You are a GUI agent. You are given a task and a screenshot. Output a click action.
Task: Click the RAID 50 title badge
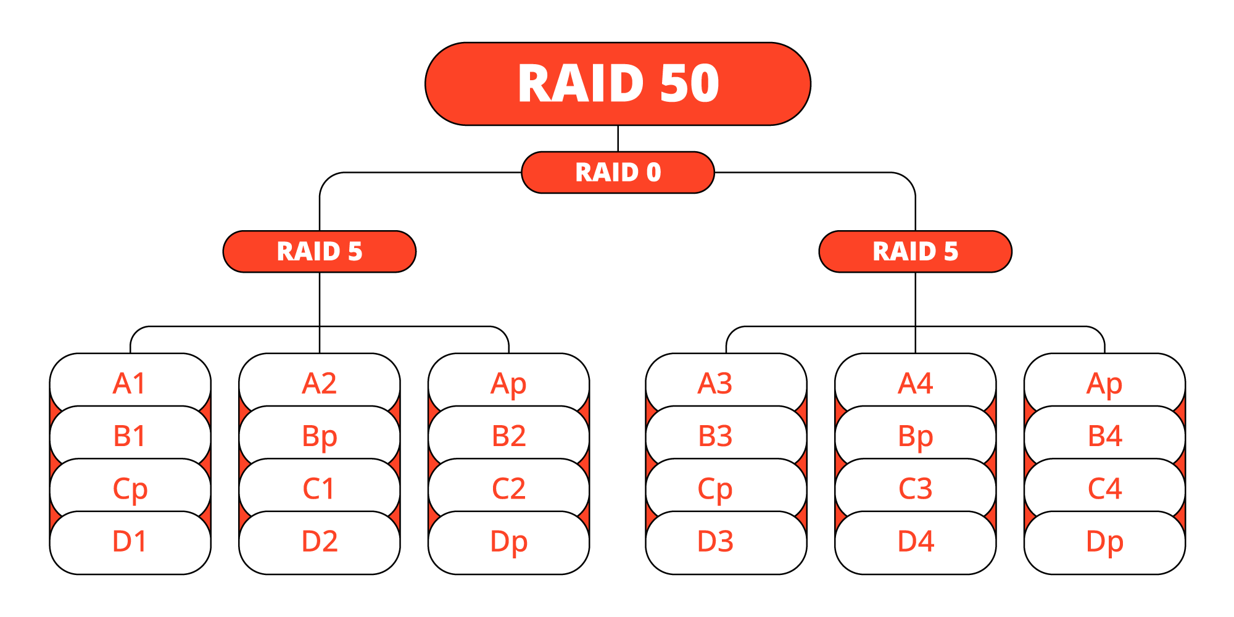(618, 84)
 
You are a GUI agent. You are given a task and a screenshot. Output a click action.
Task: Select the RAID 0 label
(618, 172)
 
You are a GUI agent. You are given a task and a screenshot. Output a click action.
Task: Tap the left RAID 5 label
(320, 251)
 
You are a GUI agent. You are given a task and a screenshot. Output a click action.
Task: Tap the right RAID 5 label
(915, 251)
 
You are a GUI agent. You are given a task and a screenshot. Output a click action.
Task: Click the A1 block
(130, 383)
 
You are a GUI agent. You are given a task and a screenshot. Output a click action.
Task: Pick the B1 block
(130, 436)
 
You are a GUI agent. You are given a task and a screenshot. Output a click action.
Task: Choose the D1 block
(130, 542)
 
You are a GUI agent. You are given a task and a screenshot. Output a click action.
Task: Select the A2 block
(320, 383)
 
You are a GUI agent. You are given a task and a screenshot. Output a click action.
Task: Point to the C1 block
(320, 489)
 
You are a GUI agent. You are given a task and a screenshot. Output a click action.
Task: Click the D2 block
(320, 542)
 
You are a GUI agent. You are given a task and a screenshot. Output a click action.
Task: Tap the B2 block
(509, 436)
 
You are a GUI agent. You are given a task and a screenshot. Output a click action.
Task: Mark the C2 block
(509, 489)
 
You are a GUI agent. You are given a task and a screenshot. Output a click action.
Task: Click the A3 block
(715, 383)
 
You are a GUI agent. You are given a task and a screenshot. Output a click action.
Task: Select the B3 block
(715, 436)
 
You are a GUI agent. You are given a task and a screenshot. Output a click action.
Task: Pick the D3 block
(715, 542)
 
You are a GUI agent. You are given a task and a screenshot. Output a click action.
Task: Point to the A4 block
(915, 383)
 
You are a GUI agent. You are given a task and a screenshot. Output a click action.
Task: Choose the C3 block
(915, 489)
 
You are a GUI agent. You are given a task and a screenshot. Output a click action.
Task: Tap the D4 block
(915, 542)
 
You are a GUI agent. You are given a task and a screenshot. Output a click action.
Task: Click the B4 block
(1104, 436)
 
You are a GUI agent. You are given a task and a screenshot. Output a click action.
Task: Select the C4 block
(1104, 489)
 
